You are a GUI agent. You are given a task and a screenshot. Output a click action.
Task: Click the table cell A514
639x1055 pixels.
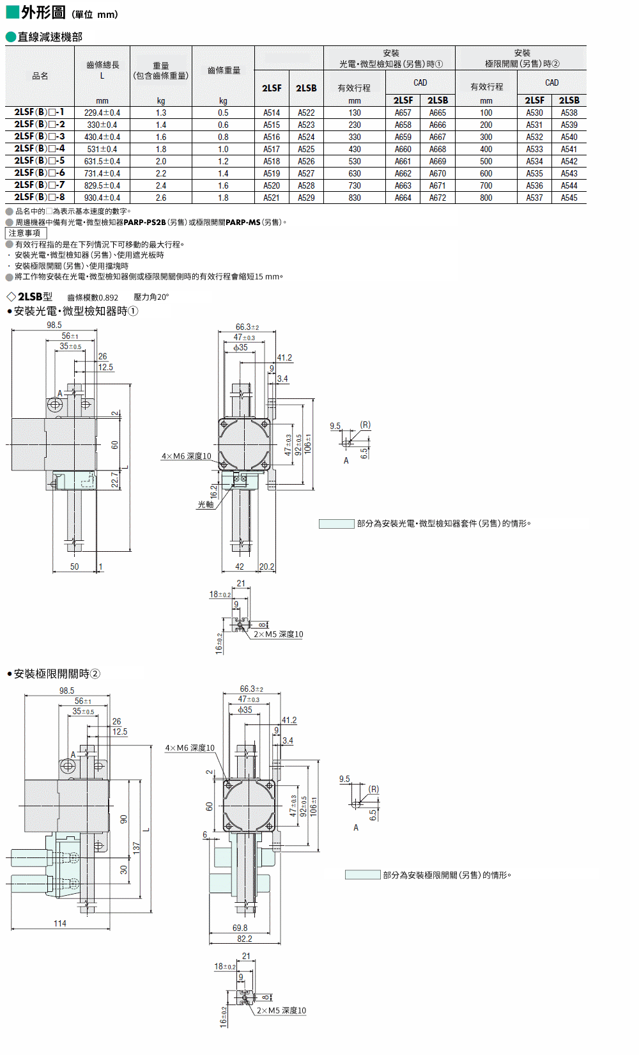point(272,113)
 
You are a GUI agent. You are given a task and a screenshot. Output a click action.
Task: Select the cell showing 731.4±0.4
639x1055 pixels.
point(102,174)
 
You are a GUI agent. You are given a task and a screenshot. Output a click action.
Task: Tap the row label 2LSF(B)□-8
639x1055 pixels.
point(40,197)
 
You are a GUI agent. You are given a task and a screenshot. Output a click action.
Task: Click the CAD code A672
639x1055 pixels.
point(437,198)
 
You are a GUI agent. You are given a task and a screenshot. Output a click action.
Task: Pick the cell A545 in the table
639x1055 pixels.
point(569,198)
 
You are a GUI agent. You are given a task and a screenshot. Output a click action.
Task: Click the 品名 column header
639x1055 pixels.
point(40,76)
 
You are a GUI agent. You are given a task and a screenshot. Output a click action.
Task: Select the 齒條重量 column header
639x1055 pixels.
point(224,70)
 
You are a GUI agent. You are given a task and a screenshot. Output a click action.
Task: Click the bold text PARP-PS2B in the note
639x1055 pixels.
point(144,223)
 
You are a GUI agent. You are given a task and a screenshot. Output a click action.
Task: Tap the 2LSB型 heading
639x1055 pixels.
point(35,297)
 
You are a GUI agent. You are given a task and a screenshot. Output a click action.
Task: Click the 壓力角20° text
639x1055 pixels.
point(151,297)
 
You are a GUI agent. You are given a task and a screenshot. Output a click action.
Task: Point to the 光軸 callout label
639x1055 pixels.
point(206,504)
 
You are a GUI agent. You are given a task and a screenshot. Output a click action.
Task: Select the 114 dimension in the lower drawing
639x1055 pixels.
point(60,923)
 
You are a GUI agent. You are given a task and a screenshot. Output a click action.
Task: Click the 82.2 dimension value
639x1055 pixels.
point(244,939)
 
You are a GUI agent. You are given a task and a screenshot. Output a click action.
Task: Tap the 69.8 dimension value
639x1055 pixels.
point(240,928)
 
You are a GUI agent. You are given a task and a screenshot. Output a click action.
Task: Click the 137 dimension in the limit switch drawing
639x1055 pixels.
point(137,848)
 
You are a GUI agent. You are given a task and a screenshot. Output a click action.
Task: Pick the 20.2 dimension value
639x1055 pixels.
point(267,567)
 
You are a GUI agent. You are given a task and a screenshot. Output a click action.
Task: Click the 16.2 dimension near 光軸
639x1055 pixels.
point(213,491)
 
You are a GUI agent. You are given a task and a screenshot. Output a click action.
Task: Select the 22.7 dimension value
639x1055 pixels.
point(115,480)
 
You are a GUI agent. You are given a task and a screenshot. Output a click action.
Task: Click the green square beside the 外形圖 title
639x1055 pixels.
point(12,12)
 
